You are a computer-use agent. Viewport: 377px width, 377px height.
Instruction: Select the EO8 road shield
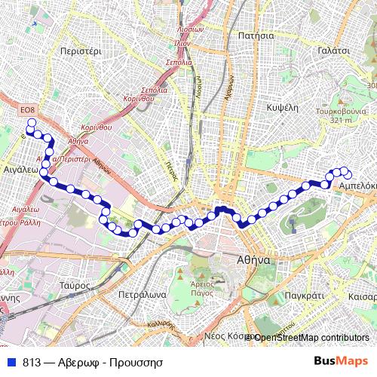pos(28,110)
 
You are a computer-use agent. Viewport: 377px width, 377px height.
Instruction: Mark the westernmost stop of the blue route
pos(31,122)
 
